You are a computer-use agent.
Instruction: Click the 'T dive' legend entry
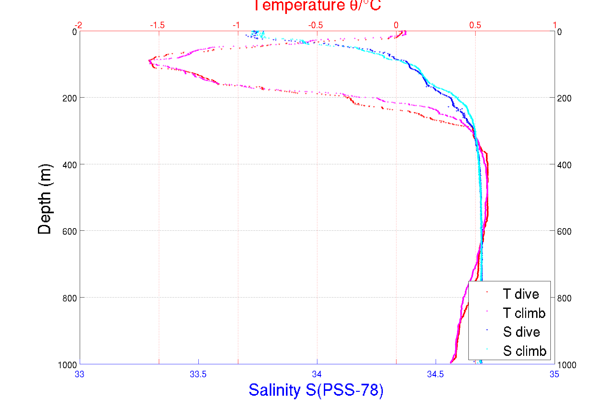[x=521, y=294]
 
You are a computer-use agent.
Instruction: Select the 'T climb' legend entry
[x=524, y=313]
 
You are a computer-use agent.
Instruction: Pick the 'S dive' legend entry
[x=521, y=332]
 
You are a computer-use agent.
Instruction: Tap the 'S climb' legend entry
[x=525, y=351]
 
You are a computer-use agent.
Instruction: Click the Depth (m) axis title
[x=45, y=199]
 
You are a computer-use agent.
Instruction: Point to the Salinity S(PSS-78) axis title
[x=316, y=390]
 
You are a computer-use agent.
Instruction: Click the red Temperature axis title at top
[x=317, y=6]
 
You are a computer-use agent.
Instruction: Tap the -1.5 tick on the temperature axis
[x=158, y=25]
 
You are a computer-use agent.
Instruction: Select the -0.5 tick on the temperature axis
[x=316, y=25]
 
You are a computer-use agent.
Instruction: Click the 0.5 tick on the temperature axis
[x=475, y=25]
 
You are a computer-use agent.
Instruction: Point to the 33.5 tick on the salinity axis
[x=198, y=374]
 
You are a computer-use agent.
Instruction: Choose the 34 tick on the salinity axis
[x=317, y=374]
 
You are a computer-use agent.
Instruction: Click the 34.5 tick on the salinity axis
[x=435, y=374]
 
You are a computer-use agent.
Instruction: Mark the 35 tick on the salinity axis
[x=554, y=374]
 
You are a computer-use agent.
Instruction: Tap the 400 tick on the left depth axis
[x=70, y=165]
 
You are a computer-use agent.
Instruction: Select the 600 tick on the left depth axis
[x=70, y=231]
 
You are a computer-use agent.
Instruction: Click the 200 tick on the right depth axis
[x=564, y=98]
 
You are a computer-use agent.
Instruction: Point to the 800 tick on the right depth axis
[x=564, y=298]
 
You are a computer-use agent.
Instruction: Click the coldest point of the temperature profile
[x=149, y=61]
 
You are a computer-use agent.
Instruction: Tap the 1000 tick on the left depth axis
[x=67, y=365]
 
